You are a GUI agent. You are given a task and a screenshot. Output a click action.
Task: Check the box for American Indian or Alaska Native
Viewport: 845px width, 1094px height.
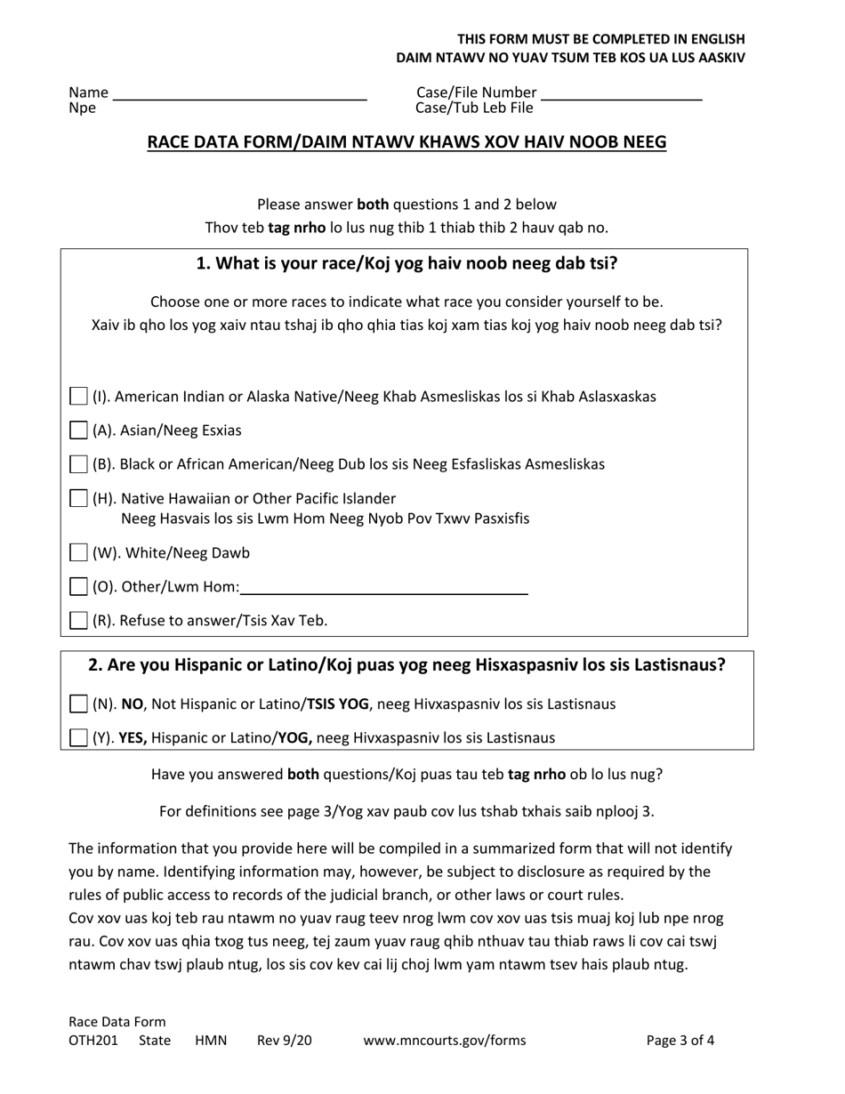click(x=78, y=396)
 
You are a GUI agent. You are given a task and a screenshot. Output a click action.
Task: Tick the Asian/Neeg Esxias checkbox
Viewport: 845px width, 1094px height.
click(x=78, y=430)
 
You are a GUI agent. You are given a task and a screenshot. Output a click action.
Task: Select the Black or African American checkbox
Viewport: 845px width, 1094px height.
click(x=78, y=464)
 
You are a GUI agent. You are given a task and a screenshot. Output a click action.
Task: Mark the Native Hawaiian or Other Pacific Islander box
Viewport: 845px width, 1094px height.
click(x=78, y=498)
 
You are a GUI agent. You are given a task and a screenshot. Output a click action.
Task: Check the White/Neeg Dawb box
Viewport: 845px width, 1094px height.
click(x=78, y=553)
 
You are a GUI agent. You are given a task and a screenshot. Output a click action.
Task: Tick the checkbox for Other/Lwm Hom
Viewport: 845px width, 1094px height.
click(x=78, y=587)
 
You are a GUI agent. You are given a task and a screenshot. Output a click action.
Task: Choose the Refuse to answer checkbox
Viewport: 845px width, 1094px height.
click(x=78, y=621)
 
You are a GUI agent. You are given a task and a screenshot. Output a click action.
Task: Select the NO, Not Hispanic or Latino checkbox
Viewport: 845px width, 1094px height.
click(x=78, y=704)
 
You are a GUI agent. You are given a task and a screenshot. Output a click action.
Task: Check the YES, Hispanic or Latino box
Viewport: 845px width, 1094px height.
click(x=78, y=737)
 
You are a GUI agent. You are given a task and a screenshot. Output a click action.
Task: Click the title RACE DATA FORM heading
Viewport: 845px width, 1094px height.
click(x=406, y=142)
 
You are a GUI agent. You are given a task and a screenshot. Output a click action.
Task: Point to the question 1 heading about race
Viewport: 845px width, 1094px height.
click(x=406, y=264)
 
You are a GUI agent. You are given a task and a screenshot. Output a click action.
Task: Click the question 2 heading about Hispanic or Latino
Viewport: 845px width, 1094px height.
click(x=406, y=665)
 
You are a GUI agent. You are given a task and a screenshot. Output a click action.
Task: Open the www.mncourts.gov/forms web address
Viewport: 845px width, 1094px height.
click(x=445, y=1041)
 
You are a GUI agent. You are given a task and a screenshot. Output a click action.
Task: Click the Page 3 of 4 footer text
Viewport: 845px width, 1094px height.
click(x=680, y=1041)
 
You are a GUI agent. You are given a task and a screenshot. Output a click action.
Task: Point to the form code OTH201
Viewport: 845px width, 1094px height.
click(x=93, y=1041)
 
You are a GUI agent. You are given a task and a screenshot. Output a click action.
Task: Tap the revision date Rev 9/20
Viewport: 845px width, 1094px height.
click(x=285, y=1041)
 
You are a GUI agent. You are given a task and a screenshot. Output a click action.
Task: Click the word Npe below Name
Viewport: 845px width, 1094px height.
click(x=83, y=109)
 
